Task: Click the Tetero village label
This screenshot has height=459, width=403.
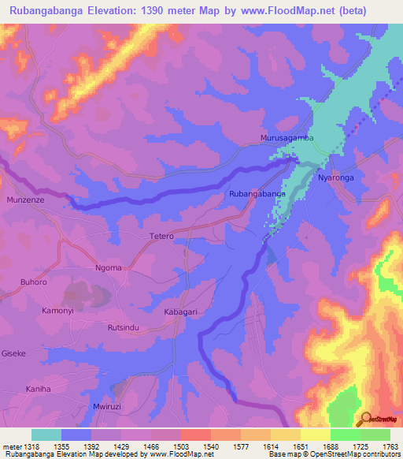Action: (161, 236)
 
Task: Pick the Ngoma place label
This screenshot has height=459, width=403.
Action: (109, 267)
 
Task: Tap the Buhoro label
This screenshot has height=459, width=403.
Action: (26, 280)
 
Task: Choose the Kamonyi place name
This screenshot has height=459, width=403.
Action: (57, 312)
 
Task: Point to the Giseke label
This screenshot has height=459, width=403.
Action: (15, 353)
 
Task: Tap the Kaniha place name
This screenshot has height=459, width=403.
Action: (38, 389)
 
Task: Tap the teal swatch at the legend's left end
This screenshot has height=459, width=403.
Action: (46, 435)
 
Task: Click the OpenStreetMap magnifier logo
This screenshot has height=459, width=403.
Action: (367, 419)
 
